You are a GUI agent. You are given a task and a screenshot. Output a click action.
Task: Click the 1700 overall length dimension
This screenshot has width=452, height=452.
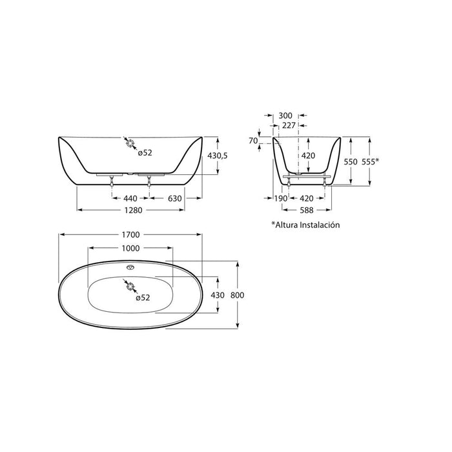(x=130, y=234)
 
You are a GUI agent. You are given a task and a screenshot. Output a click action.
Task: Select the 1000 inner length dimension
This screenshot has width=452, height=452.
(x=130, y=248)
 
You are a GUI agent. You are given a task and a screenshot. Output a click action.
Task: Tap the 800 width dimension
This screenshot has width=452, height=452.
(x=237, y=295)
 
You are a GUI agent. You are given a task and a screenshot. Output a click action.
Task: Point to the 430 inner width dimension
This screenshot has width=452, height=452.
(x=218, y=295)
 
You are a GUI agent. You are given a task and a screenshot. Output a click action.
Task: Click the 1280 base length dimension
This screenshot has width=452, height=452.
(x=133, y=210)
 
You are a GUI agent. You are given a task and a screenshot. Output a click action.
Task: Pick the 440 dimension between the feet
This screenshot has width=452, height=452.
(x=130, y=198)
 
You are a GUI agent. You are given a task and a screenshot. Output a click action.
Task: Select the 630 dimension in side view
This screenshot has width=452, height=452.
(x=175, y=198)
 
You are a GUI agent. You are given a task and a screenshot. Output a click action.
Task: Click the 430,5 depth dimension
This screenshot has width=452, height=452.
(x=218, y=156)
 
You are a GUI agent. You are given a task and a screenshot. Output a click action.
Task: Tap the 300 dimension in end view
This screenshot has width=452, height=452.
(x=285, y=116)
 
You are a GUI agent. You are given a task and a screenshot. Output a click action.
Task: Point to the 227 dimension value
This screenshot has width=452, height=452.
(x=289, y=125)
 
